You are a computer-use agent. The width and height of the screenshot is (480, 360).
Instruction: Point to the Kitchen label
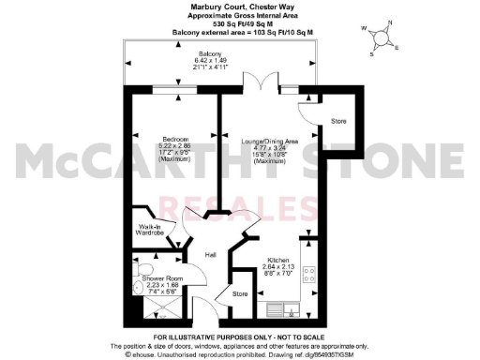point(277,260)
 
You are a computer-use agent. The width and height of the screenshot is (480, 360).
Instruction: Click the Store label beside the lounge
point(338,122)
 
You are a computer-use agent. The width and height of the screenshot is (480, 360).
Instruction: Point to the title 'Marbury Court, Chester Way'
point(239,7)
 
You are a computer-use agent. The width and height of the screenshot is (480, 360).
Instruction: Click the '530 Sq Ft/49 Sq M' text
point(239,24)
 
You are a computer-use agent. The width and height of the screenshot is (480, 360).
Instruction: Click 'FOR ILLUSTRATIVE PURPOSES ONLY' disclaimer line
point(239,336)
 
